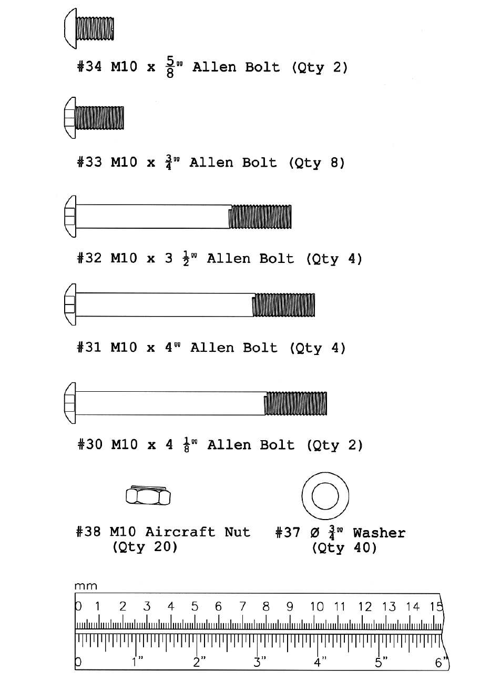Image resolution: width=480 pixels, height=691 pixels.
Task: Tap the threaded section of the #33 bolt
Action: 100,118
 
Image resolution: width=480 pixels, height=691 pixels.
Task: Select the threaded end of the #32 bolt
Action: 261,217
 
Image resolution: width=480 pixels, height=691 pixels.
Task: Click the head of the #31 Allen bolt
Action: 70,304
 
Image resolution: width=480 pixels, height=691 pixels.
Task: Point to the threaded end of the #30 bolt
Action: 295,404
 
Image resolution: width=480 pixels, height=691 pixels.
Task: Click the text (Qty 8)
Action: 317,163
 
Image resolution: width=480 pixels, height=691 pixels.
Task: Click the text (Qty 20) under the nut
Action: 145,547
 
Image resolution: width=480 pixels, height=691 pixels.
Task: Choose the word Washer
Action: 379,533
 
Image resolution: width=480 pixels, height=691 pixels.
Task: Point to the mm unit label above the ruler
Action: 83,586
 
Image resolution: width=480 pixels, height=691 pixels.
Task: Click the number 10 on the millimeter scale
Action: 316,606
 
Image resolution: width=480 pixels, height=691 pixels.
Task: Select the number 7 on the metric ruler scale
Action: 242,606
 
